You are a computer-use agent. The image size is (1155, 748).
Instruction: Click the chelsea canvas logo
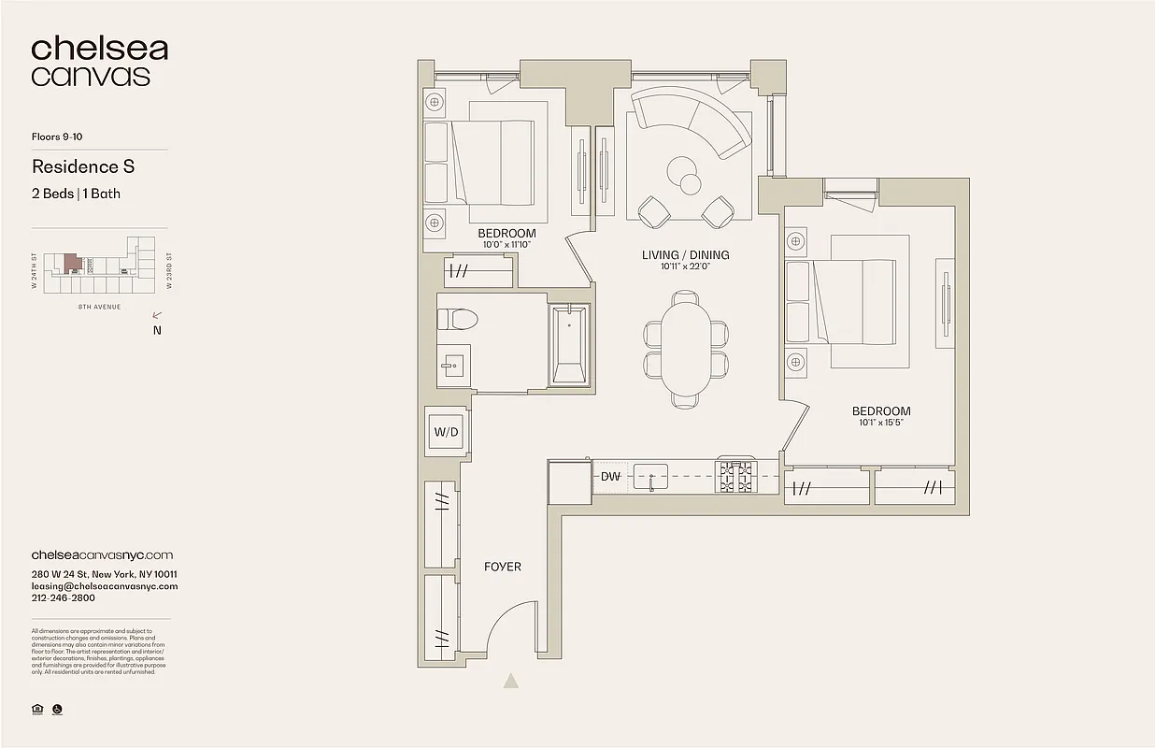pyautogui.click(x=99, y=62)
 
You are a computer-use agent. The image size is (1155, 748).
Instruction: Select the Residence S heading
pyautogui.click(x=83, y=166)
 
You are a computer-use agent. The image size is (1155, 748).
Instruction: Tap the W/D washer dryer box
pyautogui.click(x=447, y=432)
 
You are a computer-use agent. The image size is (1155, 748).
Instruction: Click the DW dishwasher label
pyautogui.click(x=610, y=477)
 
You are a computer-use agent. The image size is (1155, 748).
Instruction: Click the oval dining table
pyautogui.click(x=686, y=349)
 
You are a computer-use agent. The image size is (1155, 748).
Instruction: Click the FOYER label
pyautogui.click(x=503, y=567)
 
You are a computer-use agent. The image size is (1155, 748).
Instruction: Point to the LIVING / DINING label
pyautogui.click(x=685, y=254)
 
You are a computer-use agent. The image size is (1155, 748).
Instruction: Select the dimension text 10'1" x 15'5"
pyautogui.click(x=880, y=423)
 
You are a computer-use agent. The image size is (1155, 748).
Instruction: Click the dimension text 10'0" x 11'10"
pyautogui.click(x=506, y=245)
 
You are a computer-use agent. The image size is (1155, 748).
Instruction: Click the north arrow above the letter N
pyautogui.click(x=158, y=316)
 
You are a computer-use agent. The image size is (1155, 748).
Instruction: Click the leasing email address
pyautogui.click(x=104, y=586)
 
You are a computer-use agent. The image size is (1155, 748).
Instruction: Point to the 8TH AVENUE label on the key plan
pyautogui.click(x=100, y=306)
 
